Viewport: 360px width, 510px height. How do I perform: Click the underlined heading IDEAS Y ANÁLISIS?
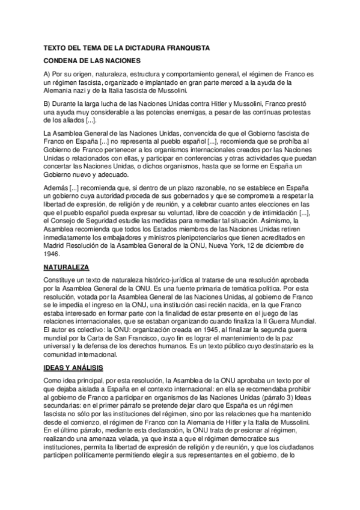pyautogui.click(x=73, y=367)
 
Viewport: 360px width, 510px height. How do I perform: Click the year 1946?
pyautogui.click(x=52, y=254)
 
